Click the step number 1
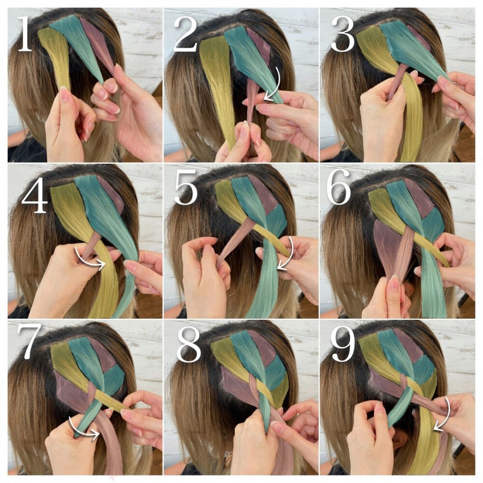(x=25, y=34)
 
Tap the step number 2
(x=185, y=34)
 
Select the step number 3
(x=343, y=34)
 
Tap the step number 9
(x=343, y=344)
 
